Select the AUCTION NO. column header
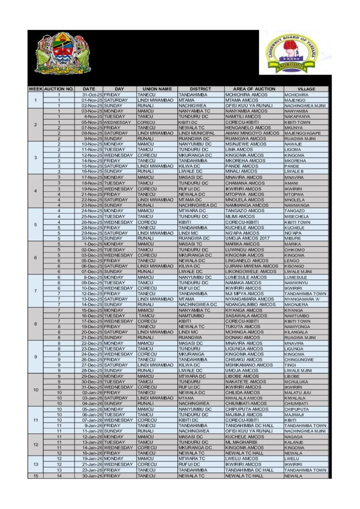59,89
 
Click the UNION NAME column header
157,89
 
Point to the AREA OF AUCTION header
254,89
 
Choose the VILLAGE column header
306,89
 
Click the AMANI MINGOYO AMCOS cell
252,133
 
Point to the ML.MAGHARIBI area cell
244,442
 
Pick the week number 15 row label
35,476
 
